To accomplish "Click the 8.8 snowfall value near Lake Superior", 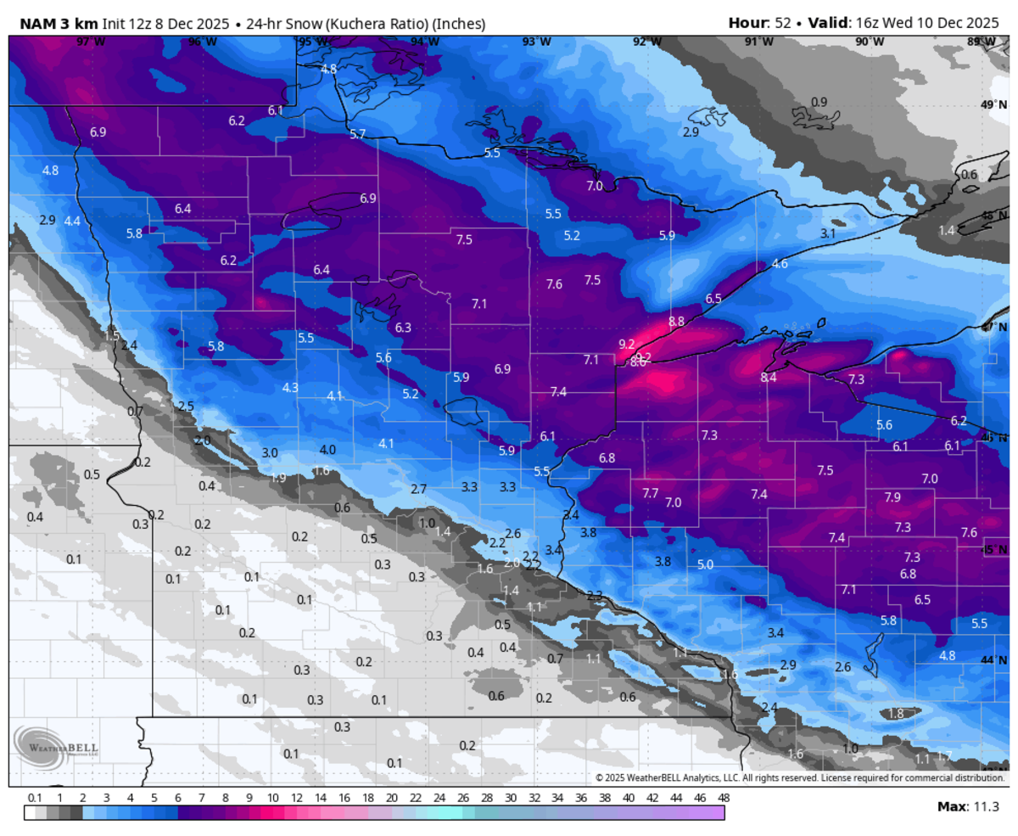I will [x=676, y=322].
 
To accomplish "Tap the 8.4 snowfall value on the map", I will [x=769, y=378].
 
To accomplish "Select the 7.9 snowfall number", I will [x=892, y=497].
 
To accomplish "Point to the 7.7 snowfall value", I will [x=651, y=493].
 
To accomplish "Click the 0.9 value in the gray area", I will [x=819, y=103].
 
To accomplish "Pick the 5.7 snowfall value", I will [x=357, y=134].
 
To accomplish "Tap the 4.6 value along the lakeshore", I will [x=780, y=264].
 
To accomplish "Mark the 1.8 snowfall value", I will [x=896, y=714].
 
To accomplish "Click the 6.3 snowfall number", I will [x=403, y=328].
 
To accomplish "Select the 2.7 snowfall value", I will [x=418, y=490].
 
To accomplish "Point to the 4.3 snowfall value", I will [x=290, y=388].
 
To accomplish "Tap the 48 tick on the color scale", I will [x=723, y=798].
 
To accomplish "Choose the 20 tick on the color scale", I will [x=391, y=798].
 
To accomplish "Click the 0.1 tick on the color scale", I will [x=35, y=798].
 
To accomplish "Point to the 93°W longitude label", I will [x=535, y=42].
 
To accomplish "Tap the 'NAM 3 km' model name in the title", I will [x=53, y=24].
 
